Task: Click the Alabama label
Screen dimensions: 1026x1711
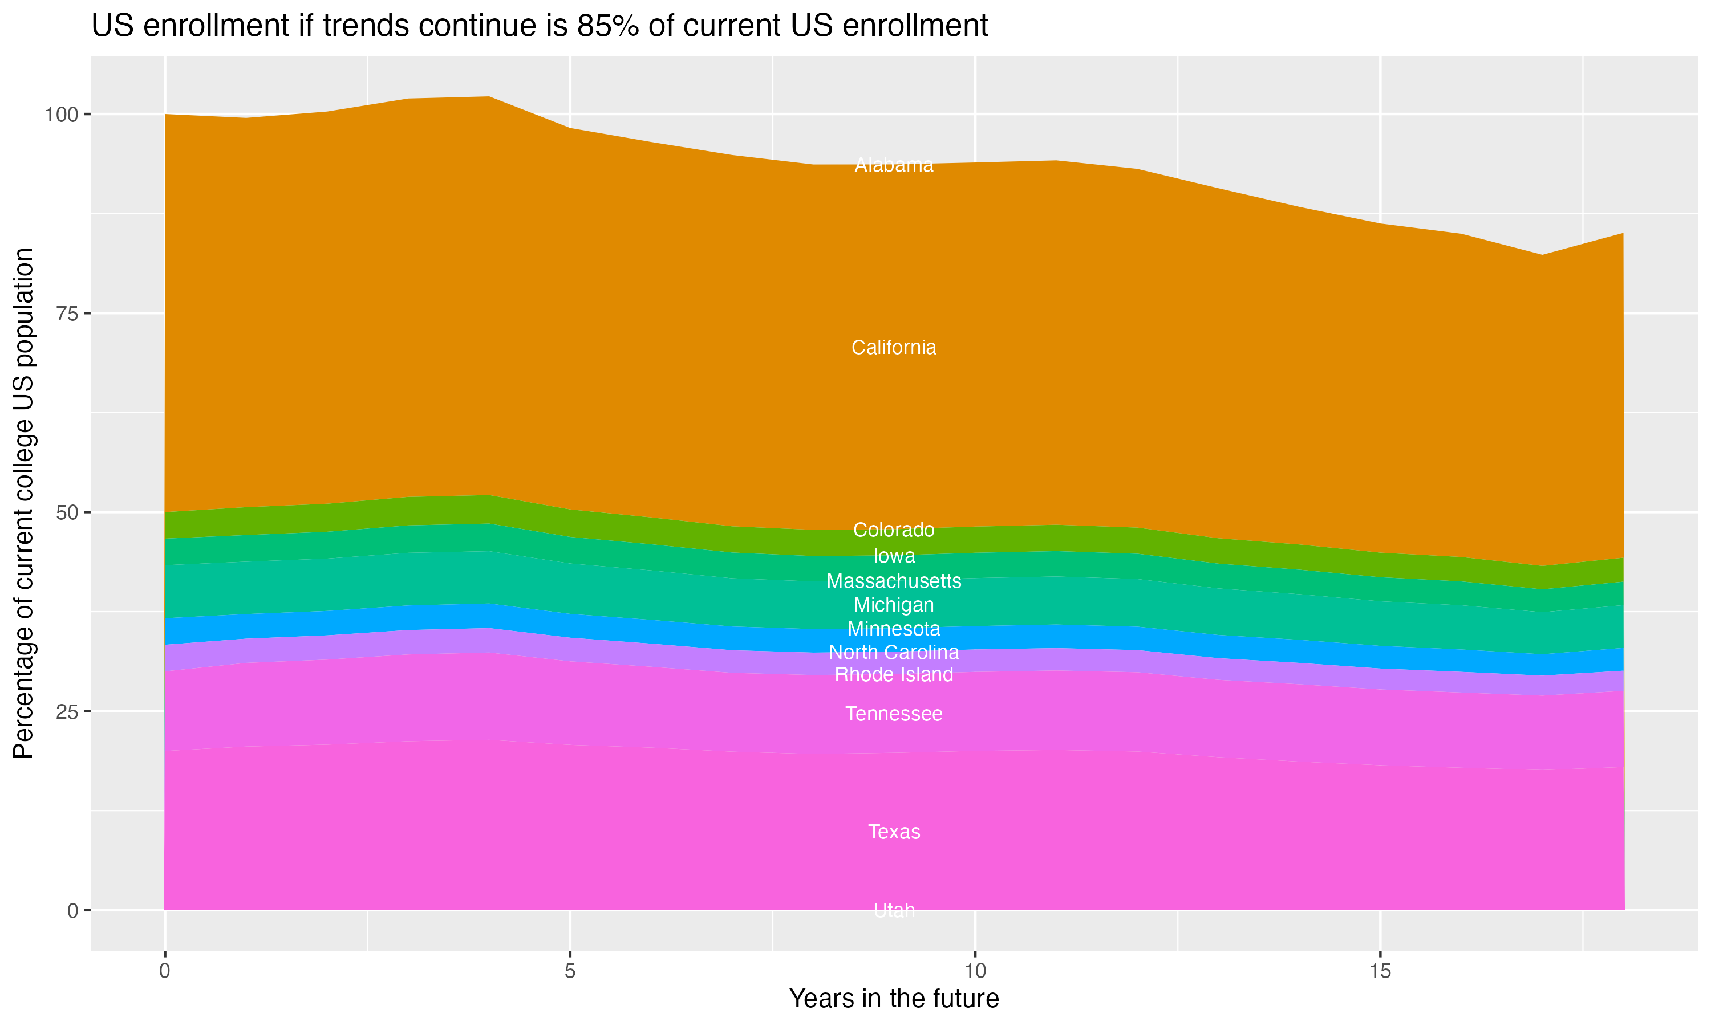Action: [x=894, y=165]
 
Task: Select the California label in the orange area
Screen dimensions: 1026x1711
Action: [x=894, y=347]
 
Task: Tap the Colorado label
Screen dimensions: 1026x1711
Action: [x=894, y=530]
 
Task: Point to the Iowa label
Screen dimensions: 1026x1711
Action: [x=894, y=556]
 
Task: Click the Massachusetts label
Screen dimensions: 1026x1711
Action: [x=894, y=581]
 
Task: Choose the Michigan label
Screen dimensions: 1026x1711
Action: [x=894, y=605]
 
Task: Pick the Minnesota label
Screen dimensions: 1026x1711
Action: [x=894, y=629]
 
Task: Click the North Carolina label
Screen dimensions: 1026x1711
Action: [x=894, y=652]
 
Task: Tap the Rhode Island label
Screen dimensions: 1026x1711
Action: [x=894, y=674]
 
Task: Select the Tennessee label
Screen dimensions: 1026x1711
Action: [x=894, y=714]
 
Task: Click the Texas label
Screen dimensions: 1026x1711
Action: [x=894, y=832]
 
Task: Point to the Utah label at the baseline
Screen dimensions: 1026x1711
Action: [x=894, y=910]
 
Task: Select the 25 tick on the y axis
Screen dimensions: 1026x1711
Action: [x=66, y=712]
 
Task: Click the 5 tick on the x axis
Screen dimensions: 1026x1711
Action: [x=570, y=971]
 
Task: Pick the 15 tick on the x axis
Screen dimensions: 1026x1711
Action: [x=1380, y=971]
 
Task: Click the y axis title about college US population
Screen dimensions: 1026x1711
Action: [x=23, y=503]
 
